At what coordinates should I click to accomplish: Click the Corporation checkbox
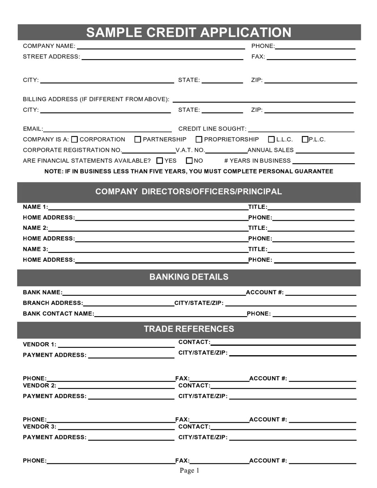tap(74, 139)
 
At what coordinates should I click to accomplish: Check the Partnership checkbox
tap(138, 139)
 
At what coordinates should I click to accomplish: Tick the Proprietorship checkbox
tap(199, 139)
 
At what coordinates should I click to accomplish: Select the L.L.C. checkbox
tap(271, 139)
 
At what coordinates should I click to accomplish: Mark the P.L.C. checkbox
tap(305, 139)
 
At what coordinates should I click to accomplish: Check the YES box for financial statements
tap(160, 161)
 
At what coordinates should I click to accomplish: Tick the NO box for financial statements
tap(189, 161)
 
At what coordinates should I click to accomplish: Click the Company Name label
tap(49, 46)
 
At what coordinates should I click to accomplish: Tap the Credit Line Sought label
tap(212, 129)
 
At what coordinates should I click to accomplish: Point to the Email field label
tap(33, 129)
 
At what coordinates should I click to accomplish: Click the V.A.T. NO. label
tap(190, 150)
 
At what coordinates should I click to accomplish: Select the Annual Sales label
tap(271, 150)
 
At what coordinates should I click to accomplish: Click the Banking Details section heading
tap(189, 277)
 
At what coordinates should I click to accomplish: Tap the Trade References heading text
tap(189, 329)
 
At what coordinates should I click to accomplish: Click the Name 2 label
tap(35, 228)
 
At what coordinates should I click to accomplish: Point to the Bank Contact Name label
tap(58, 314)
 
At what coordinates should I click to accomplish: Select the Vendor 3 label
tap(39, 426)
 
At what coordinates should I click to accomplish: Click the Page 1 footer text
tap(189, 470)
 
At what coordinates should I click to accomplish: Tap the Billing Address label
tap(96, 99)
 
